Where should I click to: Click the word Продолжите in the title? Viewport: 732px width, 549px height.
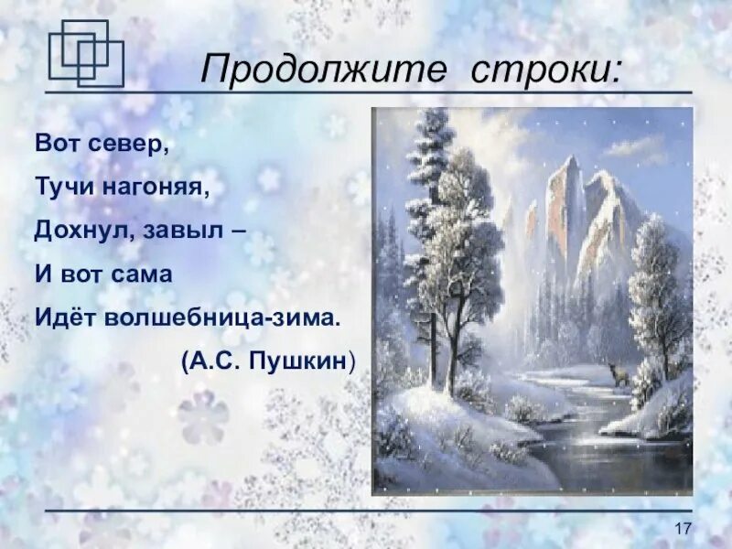click(x=290, y=70)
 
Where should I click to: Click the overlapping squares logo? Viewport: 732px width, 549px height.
click(x=84, y=52)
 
